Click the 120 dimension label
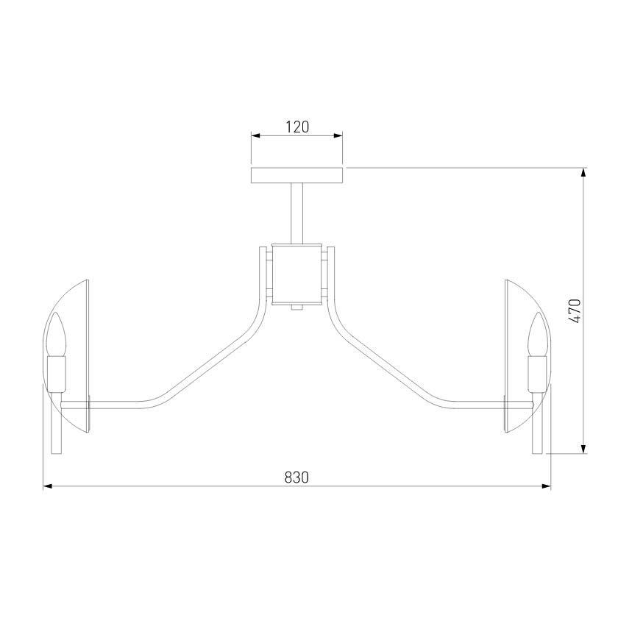tap(297, 127)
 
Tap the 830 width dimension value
tap(296, 477)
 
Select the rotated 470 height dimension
tap(575, 311)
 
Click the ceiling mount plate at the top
tap(296, 175)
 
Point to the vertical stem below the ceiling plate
tap(296, 213)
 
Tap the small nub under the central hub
tap(296, 307)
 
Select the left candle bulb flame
tap(57, 334)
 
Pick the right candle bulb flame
tap(538, 334)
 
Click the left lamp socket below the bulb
tap(57, 374)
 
